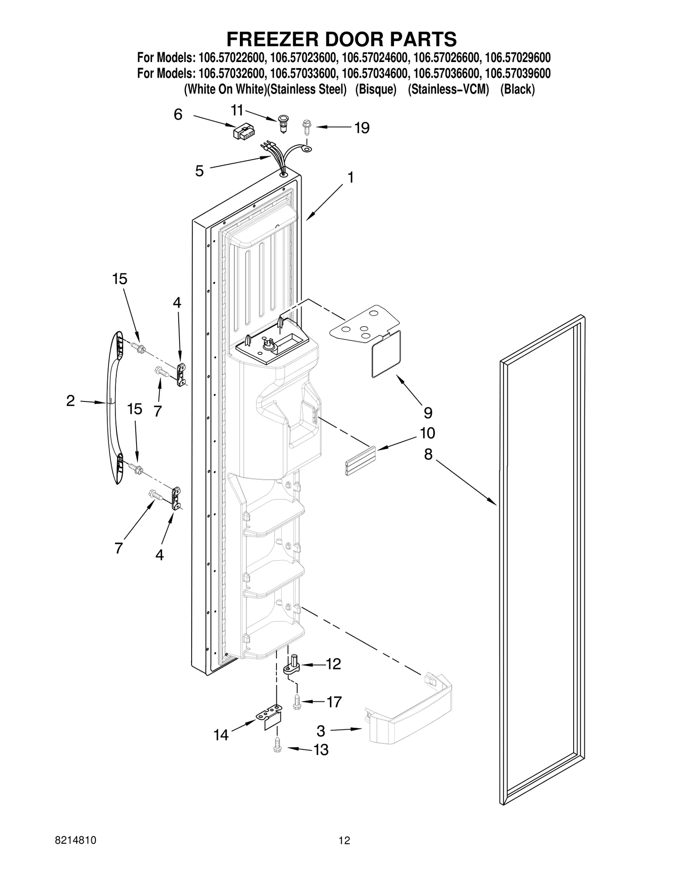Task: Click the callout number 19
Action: pos(362,128)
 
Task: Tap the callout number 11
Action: pos(237,111)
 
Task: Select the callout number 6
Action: pos(178,115)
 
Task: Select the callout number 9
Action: pos(428,413)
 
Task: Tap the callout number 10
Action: pos(428,433)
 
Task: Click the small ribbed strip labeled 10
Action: pos(360,461)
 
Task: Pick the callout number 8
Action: pos(428,454)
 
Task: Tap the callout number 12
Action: pos(333,664)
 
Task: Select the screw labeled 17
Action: pos(297,702)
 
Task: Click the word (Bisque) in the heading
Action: pos(376,90)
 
